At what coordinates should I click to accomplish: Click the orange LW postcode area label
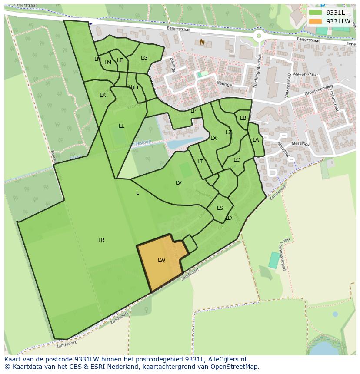[x=161, y=260]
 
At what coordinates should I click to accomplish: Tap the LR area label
[x=101, y=240]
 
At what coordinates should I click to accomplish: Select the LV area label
[x=179, y=183]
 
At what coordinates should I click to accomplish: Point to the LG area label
[x=144, y=58]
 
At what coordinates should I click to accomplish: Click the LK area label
[x=103, y=95]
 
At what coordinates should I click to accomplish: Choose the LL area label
[x=121, y=126]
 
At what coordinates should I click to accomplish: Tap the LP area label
[x=193, y=111]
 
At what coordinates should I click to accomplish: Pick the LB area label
[x=243, y=118]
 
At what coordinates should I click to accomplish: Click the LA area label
[x=256, y=140]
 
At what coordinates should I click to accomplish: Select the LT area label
[x=200, y=162]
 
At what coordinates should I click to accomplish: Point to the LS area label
[x=220, y=208]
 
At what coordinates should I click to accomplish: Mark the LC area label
[x=237, y=160]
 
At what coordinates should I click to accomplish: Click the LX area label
[x=213, y=138]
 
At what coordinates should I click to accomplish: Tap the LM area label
[x=108, y=63]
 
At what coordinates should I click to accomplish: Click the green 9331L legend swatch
[x=316, y=13]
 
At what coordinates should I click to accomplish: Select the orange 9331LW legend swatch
[x=316, y=21]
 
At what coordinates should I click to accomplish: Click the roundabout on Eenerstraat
[x=260, y=36]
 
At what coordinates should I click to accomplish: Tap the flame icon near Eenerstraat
[x=202, y=42]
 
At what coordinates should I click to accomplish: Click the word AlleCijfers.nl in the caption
[x=227, y=359]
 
